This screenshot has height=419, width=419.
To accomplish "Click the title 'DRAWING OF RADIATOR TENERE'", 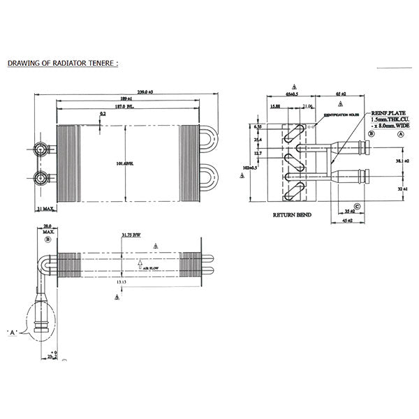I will tap(63, 63).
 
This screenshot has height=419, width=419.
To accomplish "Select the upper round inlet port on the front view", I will tap(42, 150).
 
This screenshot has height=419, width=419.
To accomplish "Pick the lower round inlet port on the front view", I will tap(42, 177).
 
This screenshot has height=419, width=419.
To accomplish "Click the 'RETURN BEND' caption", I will tap(292, 215).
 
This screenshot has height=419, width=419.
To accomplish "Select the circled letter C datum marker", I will tap(357, 205).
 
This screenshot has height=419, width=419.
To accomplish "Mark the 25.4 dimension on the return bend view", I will tap(258, 139).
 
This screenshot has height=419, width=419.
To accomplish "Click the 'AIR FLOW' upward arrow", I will tap(140, 265).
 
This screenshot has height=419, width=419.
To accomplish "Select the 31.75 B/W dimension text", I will tap(131, 235).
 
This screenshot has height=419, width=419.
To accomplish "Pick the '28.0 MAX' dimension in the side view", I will tap(48, 228).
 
